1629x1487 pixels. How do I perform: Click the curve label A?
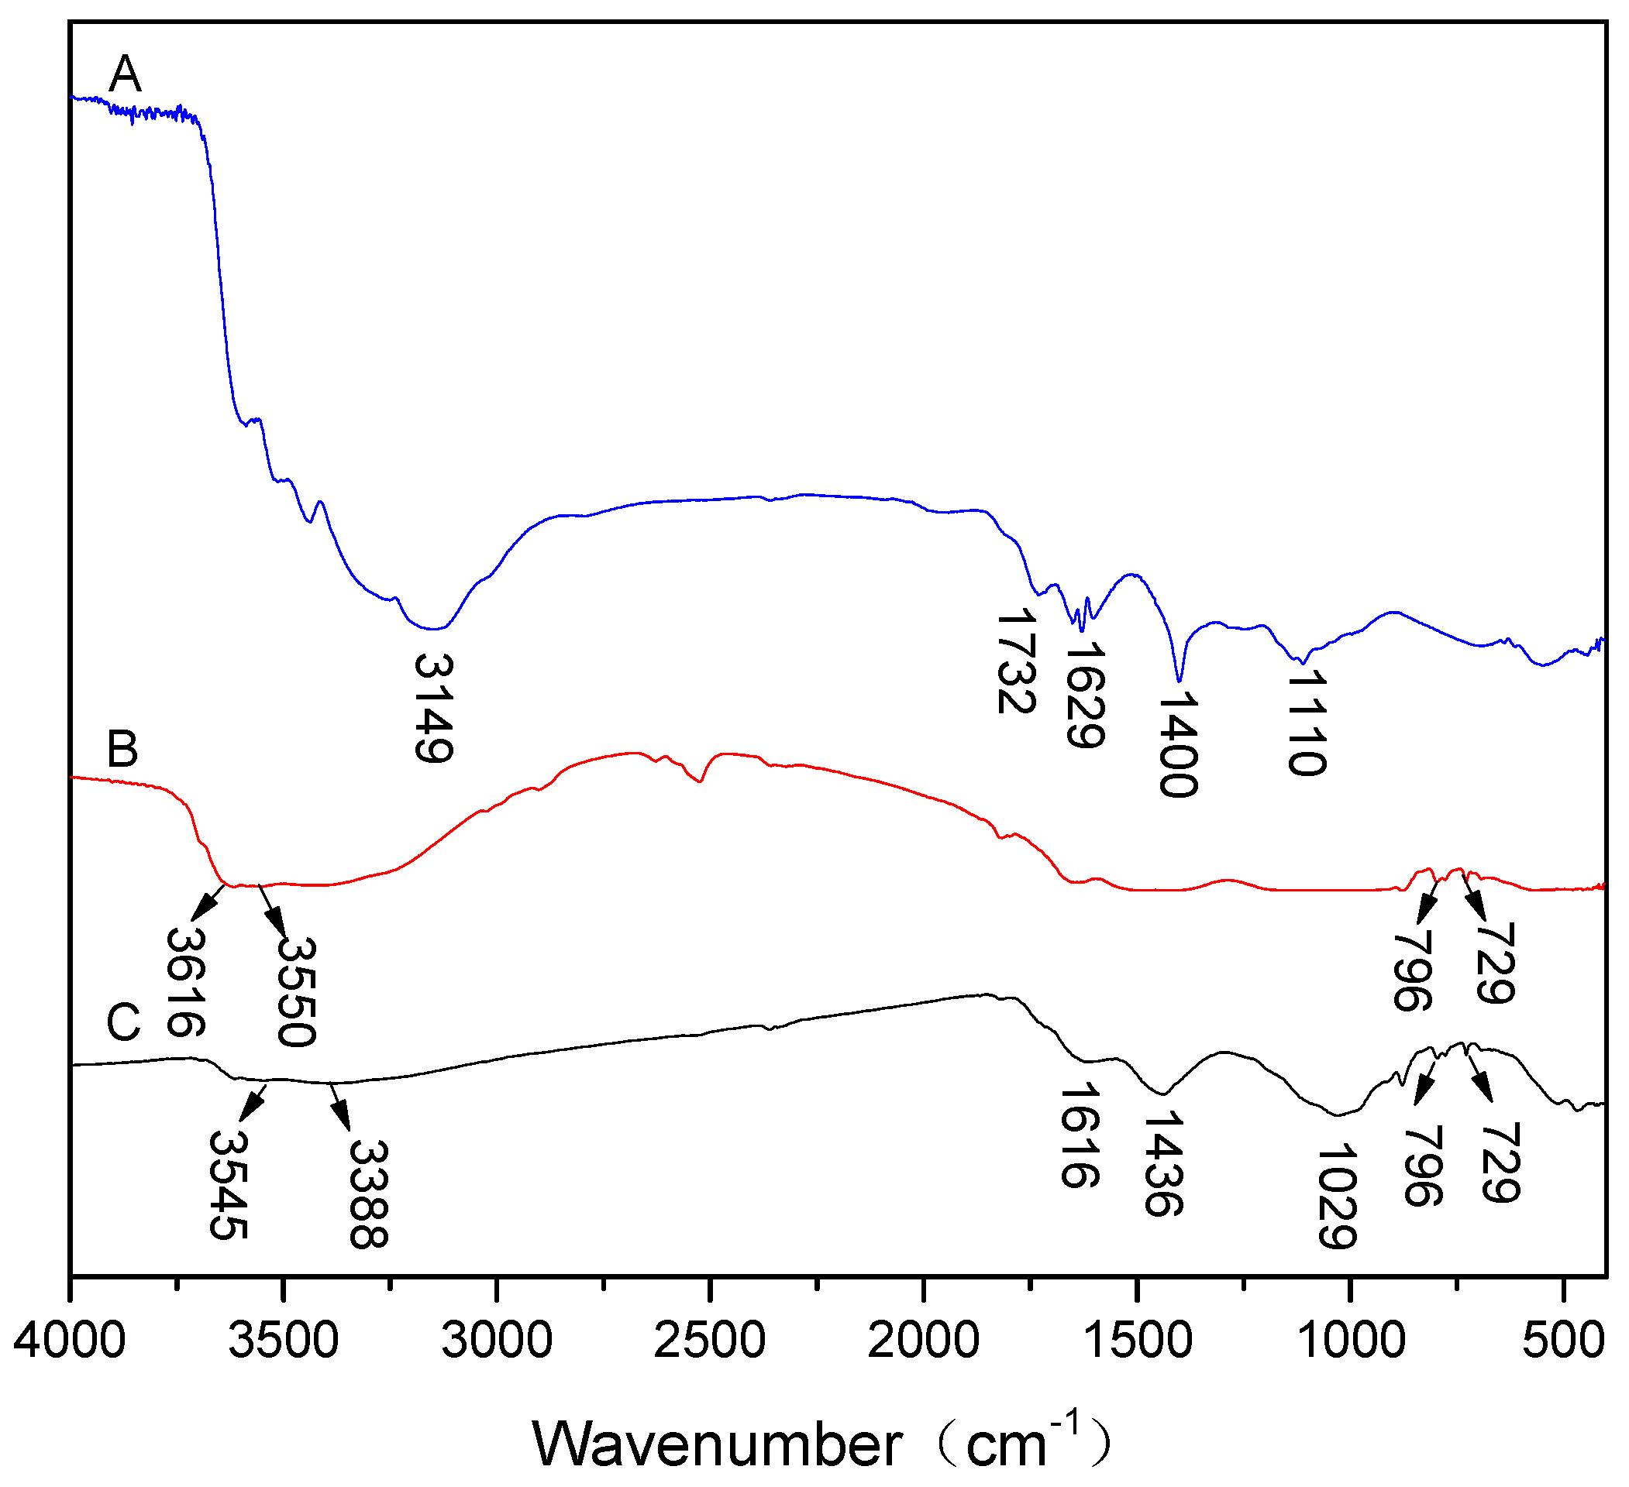(126, 74)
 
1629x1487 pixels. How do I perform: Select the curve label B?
(122, 749)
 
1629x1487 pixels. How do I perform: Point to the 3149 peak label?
(434, 709)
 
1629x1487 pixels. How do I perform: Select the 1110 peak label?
(1307, 723)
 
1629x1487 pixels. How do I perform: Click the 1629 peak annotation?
(1085, 695)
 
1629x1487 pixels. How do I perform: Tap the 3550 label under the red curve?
(296, 992)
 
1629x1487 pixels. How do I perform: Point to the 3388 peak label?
(369, 1194)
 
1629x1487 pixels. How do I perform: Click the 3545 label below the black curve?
(228, 1185)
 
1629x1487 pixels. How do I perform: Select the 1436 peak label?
(1163, 1163)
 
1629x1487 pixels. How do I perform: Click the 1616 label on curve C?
(1080, 1135)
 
